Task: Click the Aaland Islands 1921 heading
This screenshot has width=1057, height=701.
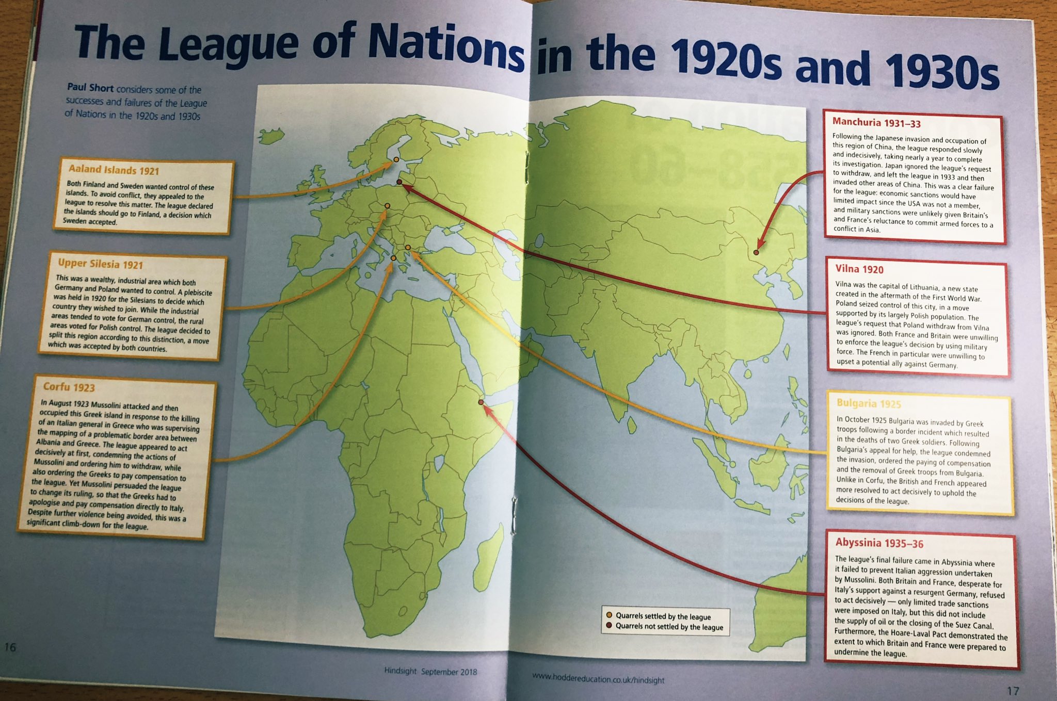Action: pos(114,170)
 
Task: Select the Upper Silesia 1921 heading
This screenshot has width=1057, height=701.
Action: pos(100,264)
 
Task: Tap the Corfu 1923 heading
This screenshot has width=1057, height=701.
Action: pos(69,387)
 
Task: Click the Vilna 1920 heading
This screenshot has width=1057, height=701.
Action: pos(859,269)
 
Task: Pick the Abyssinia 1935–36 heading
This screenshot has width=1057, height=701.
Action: pos(879,543)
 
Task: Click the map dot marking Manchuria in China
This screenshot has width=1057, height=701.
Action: pos(756,252)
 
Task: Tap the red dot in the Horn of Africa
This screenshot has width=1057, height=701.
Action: pos(481,402)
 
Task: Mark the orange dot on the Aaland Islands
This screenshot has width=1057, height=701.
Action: pos(396,160)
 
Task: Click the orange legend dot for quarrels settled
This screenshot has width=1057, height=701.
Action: pos(609,615)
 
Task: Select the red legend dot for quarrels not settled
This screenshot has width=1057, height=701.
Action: pos(609,626)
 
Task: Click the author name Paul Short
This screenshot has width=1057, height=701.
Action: pos(90,88)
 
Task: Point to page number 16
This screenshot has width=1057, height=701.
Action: pos(10,647)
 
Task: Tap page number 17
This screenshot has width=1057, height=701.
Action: pos(1013,690)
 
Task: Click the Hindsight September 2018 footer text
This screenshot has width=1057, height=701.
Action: pos(430,672)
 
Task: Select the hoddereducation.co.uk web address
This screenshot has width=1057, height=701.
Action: pos(598,677)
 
